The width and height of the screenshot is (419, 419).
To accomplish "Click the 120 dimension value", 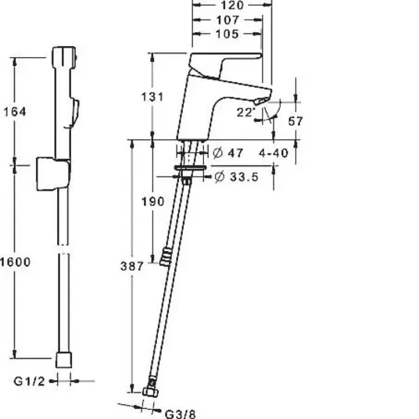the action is pos(232,5).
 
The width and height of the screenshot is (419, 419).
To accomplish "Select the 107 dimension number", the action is pos(227,20).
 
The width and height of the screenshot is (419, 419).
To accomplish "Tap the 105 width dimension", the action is pos(227,34).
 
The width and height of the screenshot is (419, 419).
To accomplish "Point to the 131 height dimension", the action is pos(152,97).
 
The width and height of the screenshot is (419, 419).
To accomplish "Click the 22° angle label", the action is pos(245,113).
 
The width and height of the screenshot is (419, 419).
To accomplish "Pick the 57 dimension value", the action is pos(295,121).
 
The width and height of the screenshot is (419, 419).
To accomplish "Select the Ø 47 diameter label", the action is pos(228,153).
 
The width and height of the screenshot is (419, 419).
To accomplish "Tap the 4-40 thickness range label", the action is pos(274,153).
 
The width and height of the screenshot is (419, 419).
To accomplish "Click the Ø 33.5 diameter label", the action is pos(237,177).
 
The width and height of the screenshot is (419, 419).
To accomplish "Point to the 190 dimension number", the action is pos(152,202).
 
